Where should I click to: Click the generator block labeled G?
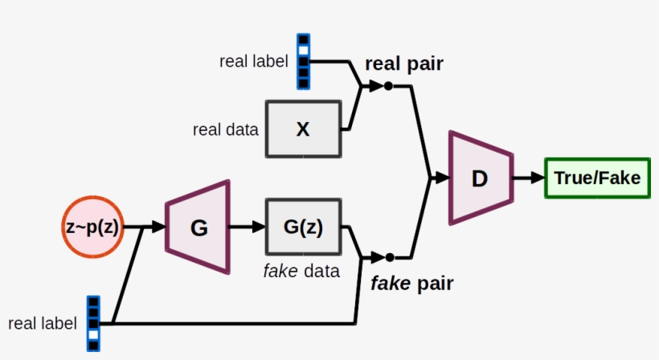click(x=199, y=227)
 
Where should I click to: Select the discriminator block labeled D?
click(x=481, y=178)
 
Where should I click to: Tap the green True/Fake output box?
click(x=597, y=178)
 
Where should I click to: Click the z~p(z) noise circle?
click(x=92, y=227)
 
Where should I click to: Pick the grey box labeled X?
click(x=302, y=129)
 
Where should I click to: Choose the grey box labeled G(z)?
click(x=302, y=227)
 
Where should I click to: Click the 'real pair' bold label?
click(x=403, y=64)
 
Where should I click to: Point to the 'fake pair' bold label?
click(x=411, y=283)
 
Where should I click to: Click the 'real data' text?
click(x=226, y=129)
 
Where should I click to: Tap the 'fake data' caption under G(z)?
click(x=301, y=271)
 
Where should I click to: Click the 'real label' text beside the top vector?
click(x=253, y=62)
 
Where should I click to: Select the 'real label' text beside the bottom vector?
click(x=43, y=324)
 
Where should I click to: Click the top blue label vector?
click(x=303, y=61)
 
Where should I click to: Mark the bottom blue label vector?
click(x=94, y=323)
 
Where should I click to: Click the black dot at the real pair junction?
click(x=389, y=86)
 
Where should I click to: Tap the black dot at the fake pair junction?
click(x=390, y=257)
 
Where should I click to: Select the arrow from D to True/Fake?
click(x=528, y=178)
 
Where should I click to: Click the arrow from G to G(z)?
click(x=247, y=227)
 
